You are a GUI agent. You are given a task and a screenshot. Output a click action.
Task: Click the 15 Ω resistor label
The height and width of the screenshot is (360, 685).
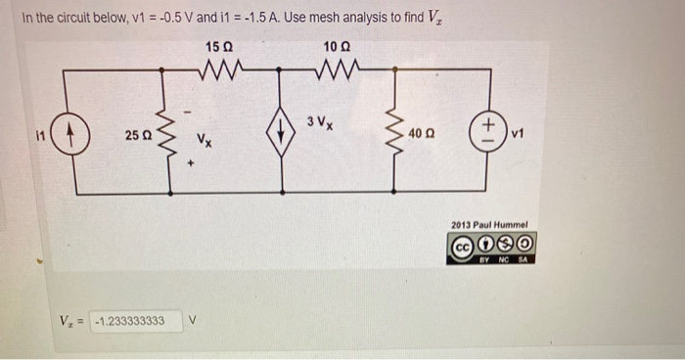coord(220,47)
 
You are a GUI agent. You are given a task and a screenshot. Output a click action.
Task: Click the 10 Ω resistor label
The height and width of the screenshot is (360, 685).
coord(336,47)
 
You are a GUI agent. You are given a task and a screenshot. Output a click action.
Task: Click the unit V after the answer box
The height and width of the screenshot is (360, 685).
coord(193,320)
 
